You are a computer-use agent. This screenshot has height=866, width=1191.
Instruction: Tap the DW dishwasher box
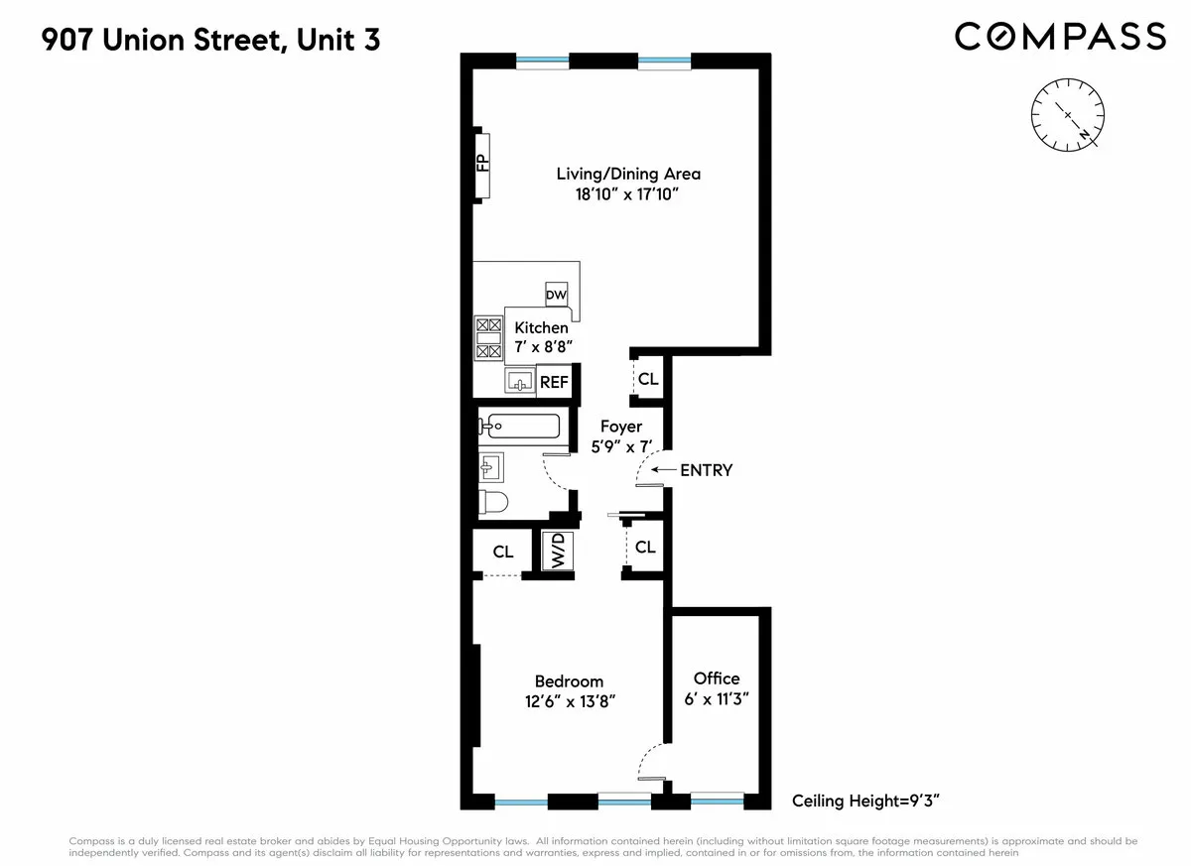pos(556,295)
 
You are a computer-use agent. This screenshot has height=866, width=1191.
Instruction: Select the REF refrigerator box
pos(554,381)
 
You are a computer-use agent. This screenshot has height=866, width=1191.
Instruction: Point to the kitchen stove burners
pos(488,337)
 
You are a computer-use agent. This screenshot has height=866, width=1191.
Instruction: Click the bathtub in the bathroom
pos(519,427)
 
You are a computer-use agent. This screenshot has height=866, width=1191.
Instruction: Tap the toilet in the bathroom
pos(493,503)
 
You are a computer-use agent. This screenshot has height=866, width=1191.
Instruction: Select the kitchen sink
pos(519,380)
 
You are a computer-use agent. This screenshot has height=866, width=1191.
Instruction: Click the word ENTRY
pos(706,470)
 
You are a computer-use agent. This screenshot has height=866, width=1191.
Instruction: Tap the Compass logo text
pos(1060,37)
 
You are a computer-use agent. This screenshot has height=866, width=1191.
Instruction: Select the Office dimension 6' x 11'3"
pos(717,698)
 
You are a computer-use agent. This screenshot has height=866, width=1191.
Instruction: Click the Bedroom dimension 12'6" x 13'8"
pos(569,701)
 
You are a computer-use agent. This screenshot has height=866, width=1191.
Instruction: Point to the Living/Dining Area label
pos(628,174)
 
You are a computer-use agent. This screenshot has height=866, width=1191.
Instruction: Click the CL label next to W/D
pos(503,552)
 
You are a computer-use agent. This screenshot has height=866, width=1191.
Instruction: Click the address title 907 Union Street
pos(210,41)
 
